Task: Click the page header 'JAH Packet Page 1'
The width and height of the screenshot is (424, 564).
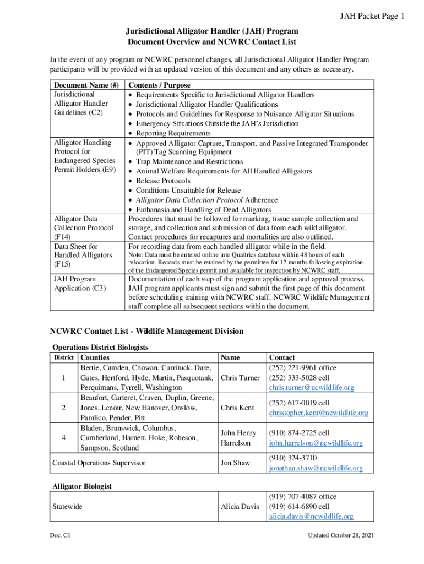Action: click(x=373, y=17)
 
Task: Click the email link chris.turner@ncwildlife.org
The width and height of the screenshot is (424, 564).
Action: click(x=311, y=388)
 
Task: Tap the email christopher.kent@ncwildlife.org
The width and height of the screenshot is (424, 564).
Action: click(x=318, y=413)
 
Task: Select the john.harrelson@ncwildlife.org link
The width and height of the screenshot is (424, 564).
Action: click(x=316, y=443)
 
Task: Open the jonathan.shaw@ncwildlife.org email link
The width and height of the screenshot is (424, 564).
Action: click(x=316, y=468)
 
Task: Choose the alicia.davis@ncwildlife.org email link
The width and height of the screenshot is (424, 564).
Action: click(x=311, y=517)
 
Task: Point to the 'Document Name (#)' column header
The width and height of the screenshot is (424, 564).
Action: click(x=85, y=85)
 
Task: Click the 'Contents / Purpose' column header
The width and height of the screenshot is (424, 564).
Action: click(x=159, y=85)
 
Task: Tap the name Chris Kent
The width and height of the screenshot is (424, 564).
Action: click(x=237, y=408)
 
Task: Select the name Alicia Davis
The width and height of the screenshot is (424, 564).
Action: click(x=240, y=507)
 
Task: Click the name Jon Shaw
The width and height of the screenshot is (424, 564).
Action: click(x=235, y=463)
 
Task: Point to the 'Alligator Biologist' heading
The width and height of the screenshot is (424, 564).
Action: click(x=82, y=486)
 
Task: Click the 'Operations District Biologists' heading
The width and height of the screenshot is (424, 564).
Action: click(x=100, y=348)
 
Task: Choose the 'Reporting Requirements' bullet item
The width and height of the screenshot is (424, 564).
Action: click(x=173, y=133)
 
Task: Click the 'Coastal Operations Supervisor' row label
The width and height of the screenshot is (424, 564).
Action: click(x=99, y=463)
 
